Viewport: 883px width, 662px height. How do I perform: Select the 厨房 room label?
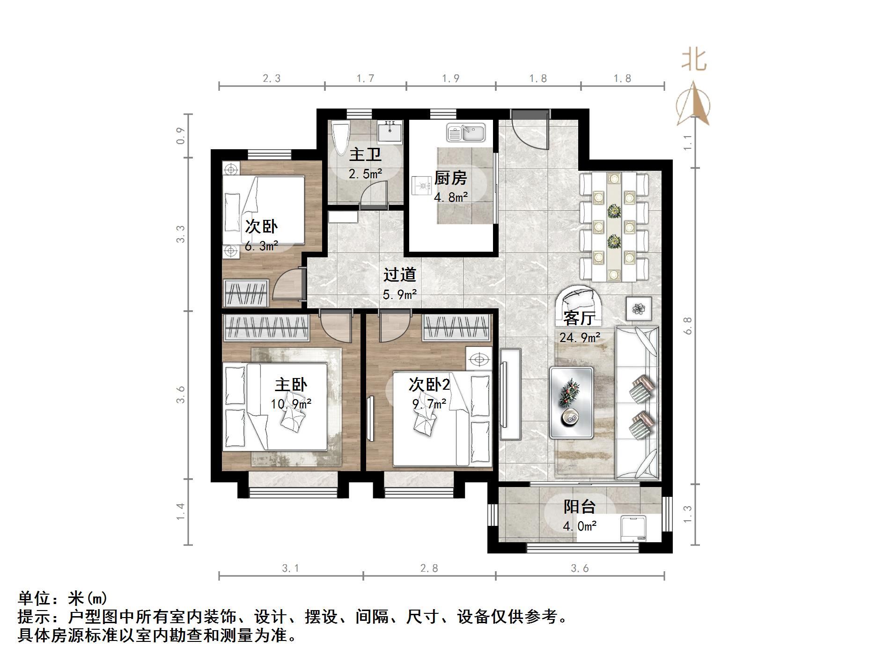(x=450, y=178)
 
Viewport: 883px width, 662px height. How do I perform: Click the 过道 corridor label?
(x=400, y=275)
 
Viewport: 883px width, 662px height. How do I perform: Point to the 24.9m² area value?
(x=580, y=337)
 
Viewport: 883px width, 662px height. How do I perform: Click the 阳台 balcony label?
(x=579, y=507)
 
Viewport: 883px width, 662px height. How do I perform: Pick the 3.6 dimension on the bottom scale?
(x=580, y=568)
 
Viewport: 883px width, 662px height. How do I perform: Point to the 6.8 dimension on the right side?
(x=687, y=325)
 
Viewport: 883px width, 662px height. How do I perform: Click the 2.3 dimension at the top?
(x=272, y=79)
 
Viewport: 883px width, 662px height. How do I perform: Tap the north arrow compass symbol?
(x=694, y=104)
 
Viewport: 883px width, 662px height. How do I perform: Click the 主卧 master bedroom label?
(x=291, y=385)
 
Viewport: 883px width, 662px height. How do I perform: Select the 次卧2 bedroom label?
(x=429, y=385)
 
